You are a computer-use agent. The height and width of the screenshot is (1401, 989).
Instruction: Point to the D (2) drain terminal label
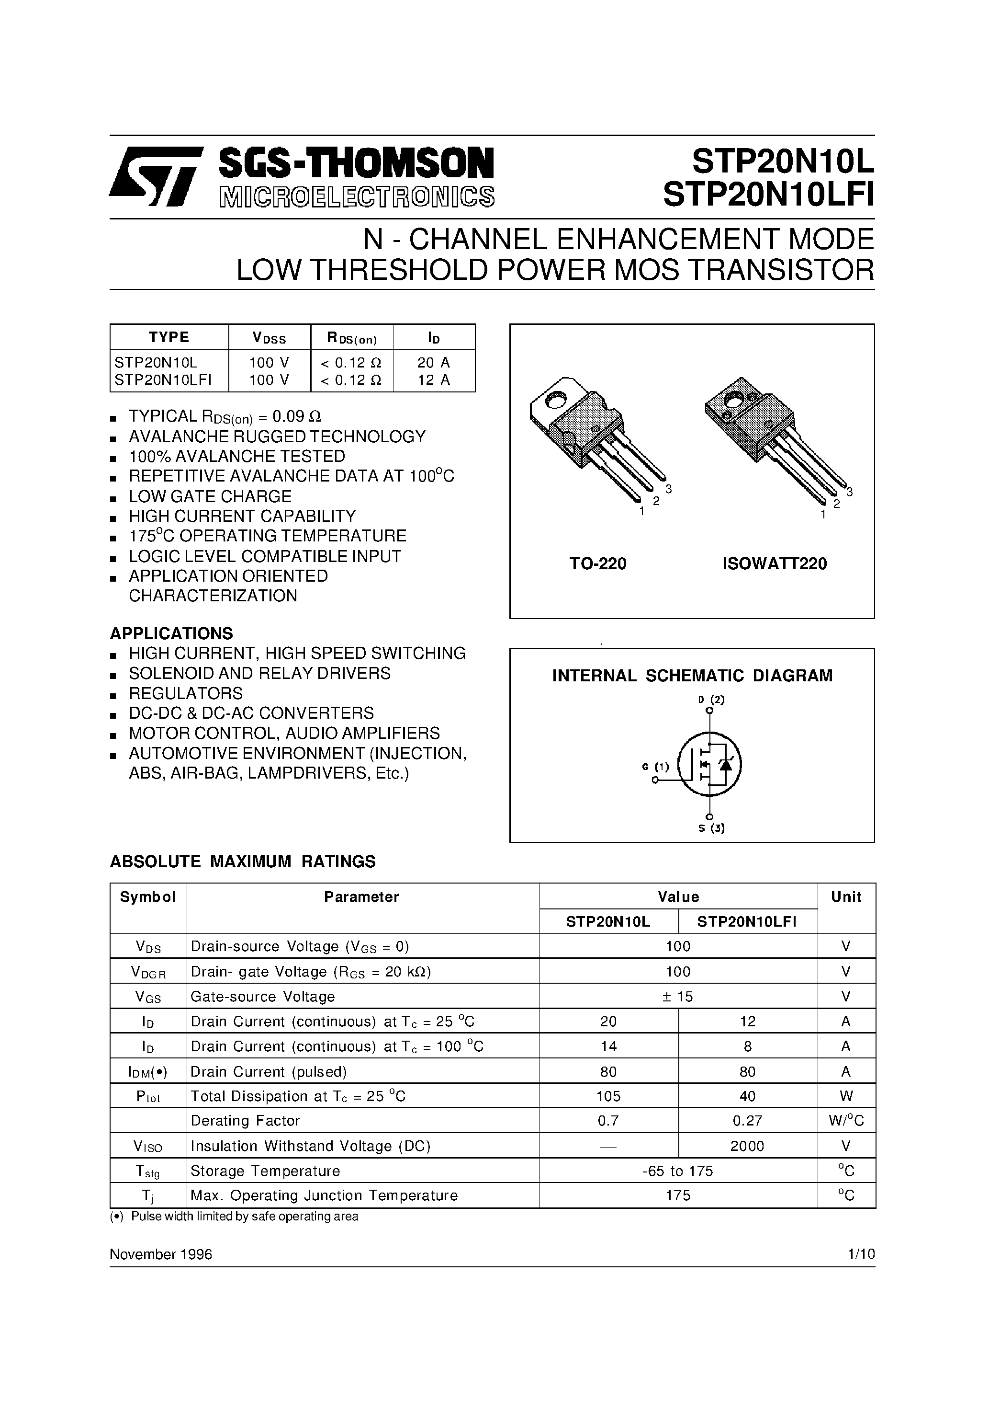click(x=711, y=700)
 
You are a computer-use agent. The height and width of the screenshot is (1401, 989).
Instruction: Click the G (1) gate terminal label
click(x=655, y=767)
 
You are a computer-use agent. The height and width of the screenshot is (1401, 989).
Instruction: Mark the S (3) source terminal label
click(x=711, y=828)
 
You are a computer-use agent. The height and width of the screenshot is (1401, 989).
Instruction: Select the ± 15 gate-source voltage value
click(x=678, y=997)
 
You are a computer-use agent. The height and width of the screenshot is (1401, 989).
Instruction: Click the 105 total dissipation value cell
click(x=608, y=1097)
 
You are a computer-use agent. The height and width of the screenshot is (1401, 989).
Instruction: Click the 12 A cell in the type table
click(x=434, y=379)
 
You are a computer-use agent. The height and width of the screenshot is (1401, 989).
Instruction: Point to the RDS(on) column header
click(x=352, y=337)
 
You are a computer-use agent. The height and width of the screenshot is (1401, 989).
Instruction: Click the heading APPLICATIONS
click(x=171, y=633)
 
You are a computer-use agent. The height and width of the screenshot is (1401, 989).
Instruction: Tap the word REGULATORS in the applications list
click(x=185, y=693)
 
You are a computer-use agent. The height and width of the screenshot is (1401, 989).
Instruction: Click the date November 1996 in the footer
click(x=161, y=1254)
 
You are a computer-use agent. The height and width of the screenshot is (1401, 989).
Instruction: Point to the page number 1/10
click(x=860, y=1254)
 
